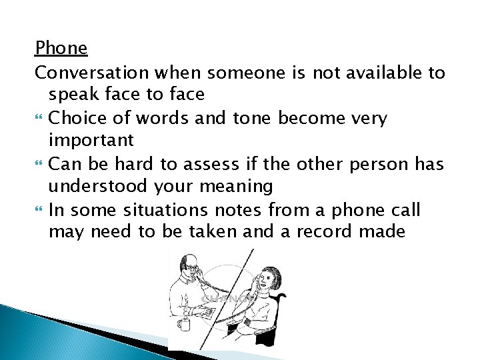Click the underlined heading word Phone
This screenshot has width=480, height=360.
(61, 49)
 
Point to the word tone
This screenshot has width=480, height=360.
(253, 119)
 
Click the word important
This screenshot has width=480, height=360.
(91, 141)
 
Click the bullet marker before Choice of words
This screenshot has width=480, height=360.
(38, 119)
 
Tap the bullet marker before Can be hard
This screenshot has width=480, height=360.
(38, 165)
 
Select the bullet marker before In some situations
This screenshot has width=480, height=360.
(38, 211)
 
